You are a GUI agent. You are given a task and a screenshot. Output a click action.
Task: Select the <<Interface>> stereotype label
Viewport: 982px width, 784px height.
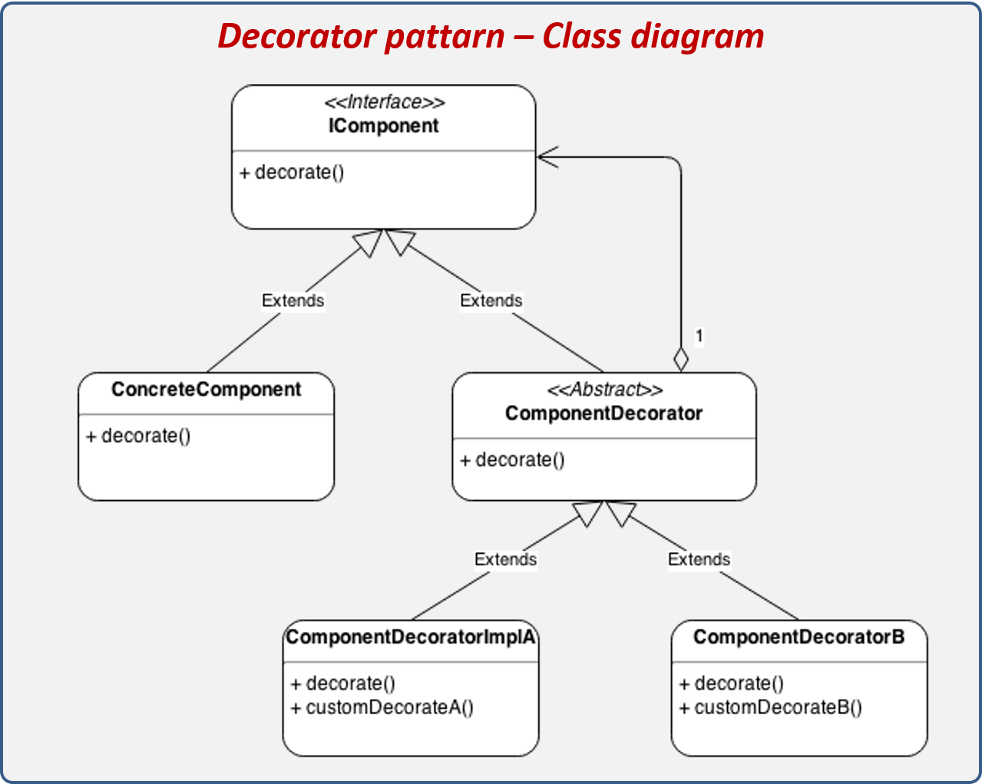click(384, 102)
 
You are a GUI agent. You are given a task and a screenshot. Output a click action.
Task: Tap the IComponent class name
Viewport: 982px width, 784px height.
click(383, 126)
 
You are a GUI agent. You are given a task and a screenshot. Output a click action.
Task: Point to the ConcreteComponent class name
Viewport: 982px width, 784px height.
click(206, 389)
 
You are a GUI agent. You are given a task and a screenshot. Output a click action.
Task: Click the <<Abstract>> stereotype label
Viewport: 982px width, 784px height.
click(604, 390)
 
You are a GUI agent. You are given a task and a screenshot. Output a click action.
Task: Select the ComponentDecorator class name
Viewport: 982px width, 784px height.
click(603, 413)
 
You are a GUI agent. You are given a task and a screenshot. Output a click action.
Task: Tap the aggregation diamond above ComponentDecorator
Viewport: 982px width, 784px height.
click(680, 359)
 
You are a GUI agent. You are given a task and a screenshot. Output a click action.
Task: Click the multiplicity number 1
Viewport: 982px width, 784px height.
click(699, 336)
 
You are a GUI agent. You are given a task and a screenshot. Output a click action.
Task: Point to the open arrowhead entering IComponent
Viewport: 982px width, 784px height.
click(547, 157)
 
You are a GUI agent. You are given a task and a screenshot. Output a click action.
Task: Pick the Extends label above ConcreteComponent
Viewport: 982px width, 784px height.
click(293, 300)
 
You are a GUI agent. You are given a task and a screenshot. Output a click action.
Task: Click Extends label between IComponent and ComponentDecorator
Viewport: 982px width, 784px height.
click(491, 300)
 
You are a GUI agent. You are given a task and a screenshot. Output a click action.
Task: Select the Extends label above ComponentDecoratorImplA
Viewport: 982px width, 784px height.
click(505, 559)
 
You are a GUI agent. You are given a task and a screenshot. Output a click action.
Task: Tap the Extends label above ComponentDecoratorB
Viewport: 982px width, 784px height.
click(699, 559)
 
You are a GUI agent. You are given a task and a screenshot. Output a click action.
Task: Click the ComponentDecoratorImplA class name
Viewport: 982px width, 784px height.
click(411, 637)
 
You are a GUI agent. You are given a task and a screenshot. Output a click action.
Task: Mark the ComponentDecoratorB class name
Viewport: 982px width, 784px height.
click(798, 637)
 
